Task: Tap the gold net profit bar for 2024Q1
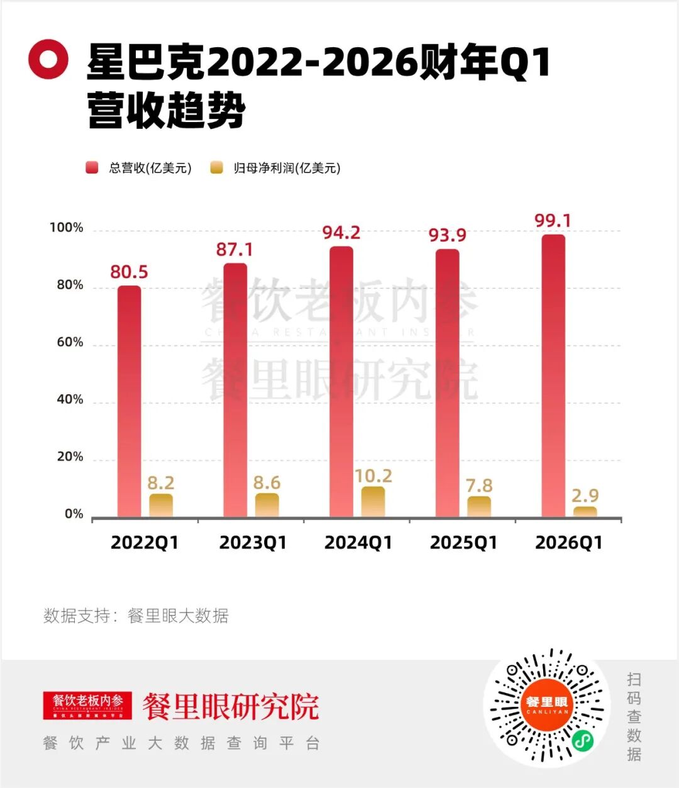pyautogui.click(x=373, y=502)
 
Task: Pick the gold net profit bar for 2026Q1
pyautogui.click(x=585, y=512)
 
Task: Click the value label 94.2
pyautogui.click(x=341, y=233)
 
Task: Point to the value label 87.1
pyautogui.click(x=235, y=250)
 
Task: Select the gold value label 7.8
pyautogui.click(x=479, y=486)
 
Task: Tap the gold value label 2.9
pyautogui.click(x=585, y=496)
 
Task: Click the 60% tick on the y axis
pyautogui.click(x=70, y=342)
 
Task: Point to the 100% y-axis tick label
pyautogui.click(x=67, y=228)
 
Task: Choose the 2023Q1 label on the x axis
pyautogui.click(x=253, y=543)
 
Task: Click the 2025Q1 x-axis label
pyautogui.click(x=463, y=543)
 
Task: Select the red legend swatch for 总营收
pyautogui.click(x=92, y=168)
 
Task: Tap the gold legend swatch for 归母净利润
pyautogui.click(x=217, y=168)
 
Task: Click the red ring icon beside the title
pyautogui.click(x=48, y=59)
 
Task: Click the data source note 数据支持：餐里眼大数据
pyautogui.click(x=136, y=616)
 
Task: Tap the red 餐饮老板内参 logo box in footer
pyautogui.click(x=87, y=705)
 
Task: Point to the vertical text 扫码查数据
pyautogui.click(x=634, y=716)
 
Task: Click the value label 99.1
pyautogui.click(x=553, y=221)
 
